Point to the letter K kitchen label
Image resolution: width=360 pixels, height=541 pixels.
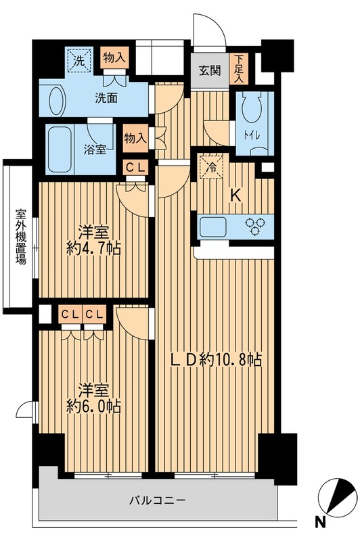click(x=235, y=195)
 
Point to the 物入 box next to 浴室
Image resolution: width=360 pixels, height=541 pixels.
click(x=135, y=139)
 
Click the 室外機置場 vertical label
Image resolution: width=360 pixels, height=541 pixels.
click(x=20, y=236)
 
